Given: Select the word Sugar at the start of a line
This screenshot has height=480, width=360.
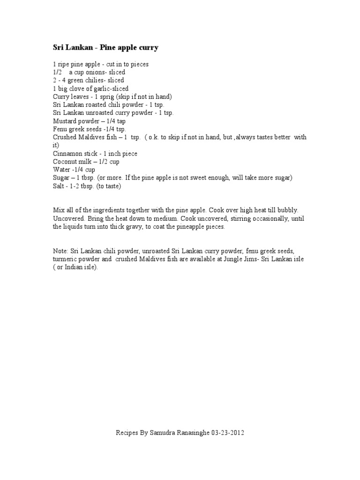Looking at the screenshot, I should (x=61, y=178).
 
